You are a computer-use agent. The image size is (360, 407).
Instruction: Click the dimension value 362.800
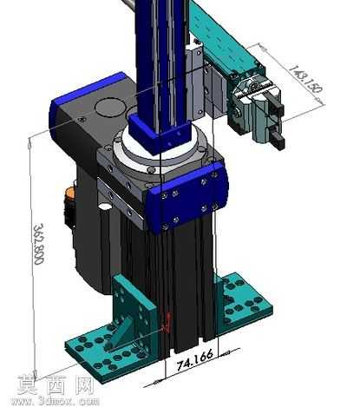39,244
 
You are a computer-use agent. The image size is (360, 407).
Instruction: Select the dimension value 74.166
194,360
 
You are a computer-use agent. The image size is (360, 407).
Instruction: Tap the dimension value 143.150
305,79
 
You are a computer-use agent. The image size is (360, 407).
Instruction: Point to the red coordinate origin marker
167,324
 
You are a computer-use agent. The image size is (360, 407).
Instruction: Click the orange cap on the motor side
69,193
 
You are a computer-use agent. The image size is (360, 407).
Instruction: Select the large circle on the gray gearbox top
110,108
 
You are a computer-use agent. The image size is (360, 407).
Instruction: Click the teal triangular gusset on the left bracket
119,332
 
